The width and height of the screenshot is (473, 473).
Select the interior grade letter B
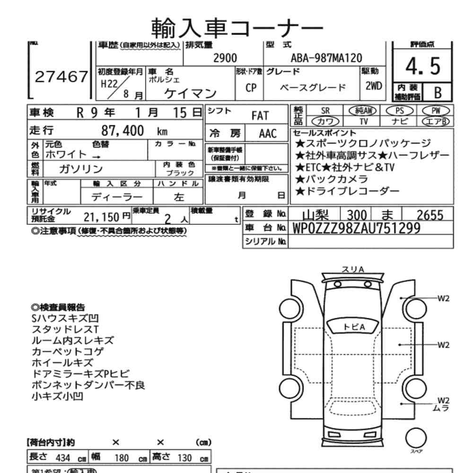click(x=438, y=93)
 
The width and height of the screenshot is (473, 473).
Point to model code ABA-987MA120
click(x=326, y=58)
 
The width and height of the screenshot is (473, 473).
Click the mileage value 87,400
click(x=123, y=131)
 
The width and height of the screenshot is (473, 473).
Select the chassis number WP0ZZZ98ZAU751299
click(x=357, y=228)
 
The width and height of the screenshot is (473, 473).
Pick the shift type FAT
click(x=260, y=116)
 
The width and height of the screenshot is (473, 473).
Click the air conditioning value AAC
click(x=268, y=134)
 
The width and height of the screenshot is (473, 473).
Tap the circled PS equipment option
click(x=400, y=111)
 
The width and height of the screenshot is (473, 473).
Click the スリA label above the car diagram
click(x=352, y=269)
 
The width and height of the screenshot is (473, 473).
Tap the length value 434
click(x=63, y=458)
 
